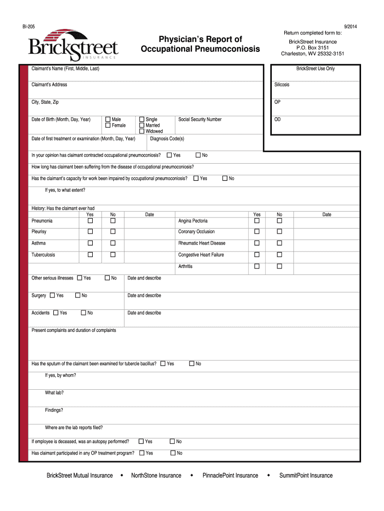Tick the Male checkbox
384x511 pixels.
click(108, 120)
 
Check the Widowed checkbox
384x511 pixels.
click(142, 131)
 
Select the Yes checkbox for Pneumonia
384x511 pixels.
click(90, 221)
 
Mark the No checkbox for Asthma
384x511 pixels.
click(113, 243)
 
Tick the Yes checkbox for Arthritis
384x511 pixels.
click(257, 266)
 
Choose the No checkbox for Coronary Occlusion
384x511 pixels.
click(279, 232)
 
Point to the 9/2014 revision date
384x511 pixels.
click(350, 26)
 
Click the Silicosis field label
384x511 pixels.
click(282, 85)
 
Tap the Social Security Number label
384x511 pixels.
click(199, 120)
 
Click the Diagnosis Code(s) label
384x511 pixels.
click(167, 139)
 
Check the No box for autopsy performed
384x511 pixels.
click(172, 441)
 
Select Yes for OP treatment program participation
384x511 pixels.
click(142, 453)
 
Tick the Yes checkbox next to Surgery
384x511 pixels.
click(52, 295)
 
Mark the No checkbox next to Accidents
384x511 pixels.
click(83, 313)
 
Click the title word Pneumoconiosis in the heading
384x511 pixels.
click(228, 49)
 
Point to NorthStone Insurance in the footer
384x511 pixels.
click(156, 476)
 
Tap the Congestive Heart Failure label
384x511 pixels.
click(201, 255)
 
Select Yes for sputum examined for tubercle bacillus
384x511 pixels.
click(163, 364)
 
